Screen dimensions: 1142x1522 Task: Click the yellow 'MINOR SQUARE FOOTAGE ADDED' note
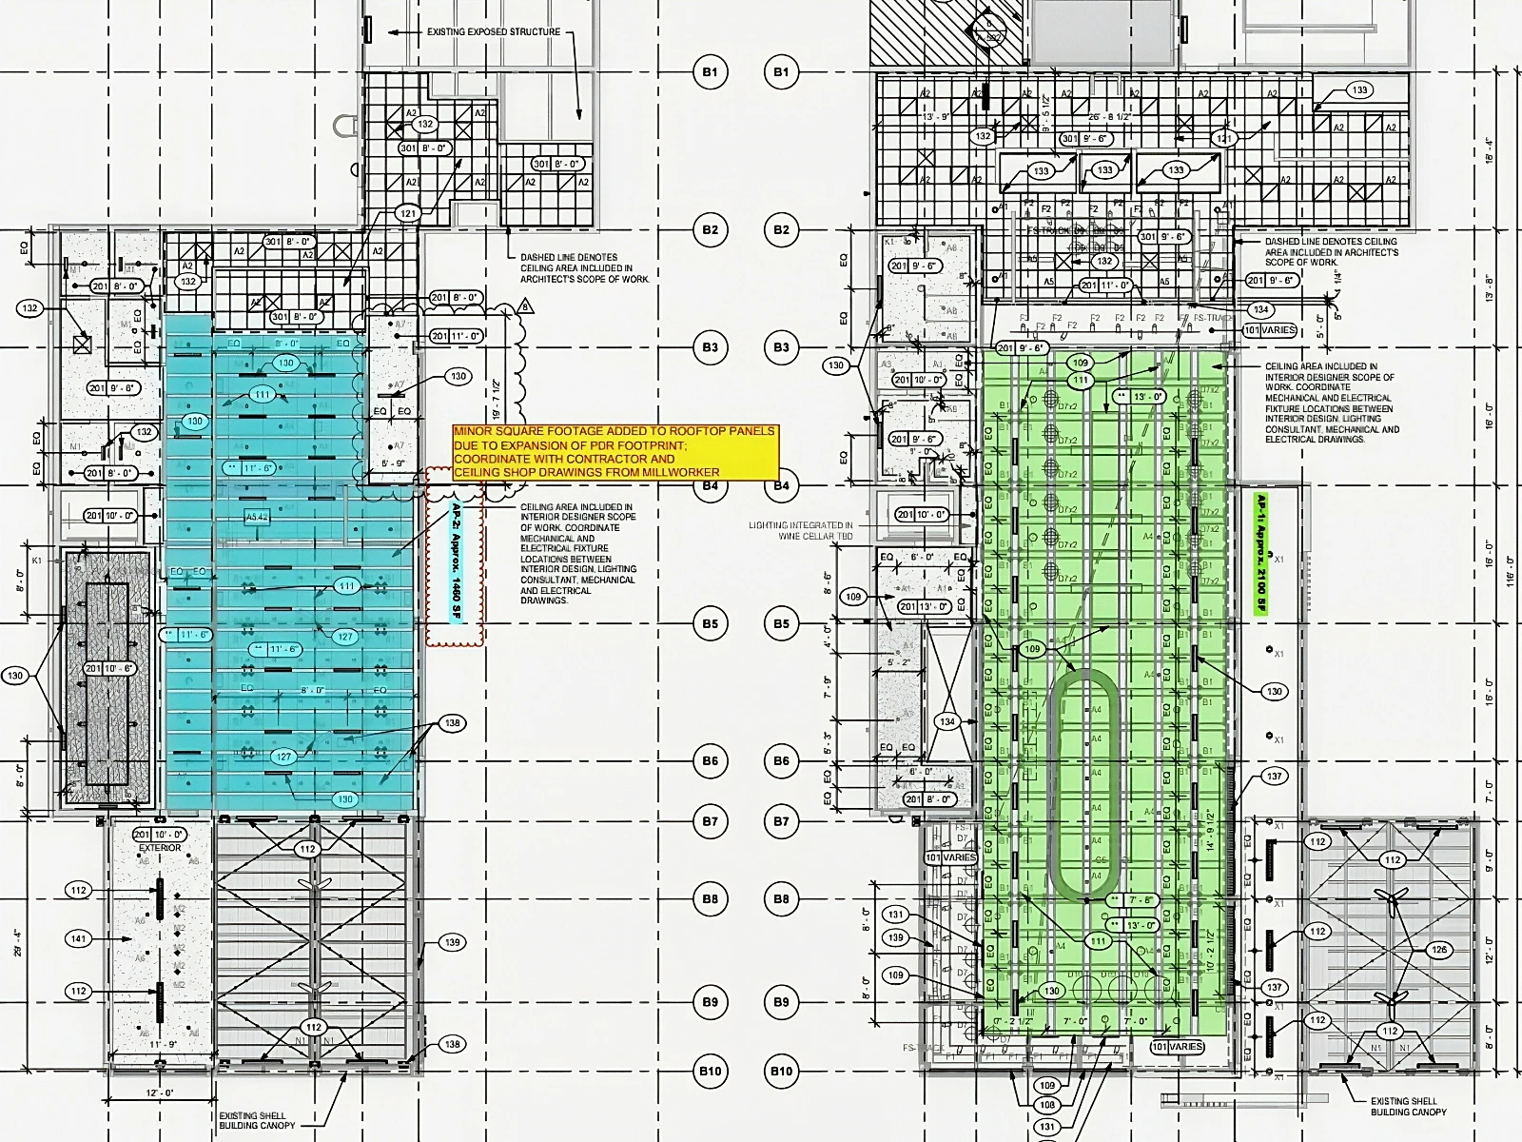(x=615, y=452)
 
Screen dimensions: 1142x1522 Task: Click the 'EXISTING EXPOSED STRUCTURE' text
(x=494, y=32)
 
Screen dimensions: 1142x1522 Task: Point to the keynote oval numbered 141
(x=78, y=939)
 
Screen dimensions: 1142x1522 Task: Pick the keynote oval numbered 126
(x=1439, y=950)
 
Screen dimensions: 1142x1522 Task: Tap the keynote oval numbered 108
(x=1047, y=1106)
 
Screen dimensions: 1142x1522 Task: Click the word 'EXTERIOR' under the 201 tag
(x=160, y=848)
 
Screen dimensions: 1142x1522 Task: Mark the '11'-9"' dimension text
(x=164, y=1045)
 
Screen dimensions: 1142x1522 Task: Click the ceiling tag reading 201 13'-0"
(x=924, y=606)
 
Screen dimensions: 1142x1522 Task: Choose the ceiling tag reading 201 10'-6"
(x=110, y=669)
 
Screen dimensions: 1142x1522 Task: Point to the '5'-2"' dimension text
(x=898, y=661)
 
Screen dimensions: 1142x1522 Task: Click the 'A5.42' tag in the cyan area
(x=258, y=517)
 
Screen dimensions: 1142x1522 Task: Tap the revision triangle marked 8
(x=524, y=307)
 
